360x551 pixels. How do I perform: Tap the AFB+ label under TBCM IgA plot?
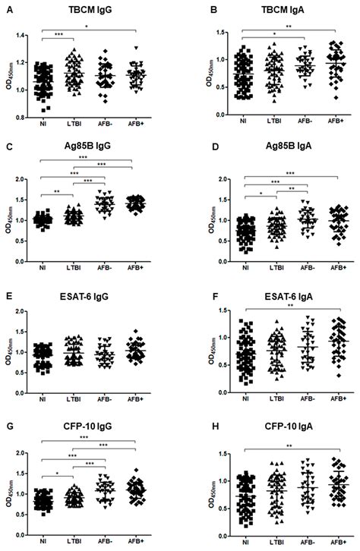pyautogui.click(x=330, y=121)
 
